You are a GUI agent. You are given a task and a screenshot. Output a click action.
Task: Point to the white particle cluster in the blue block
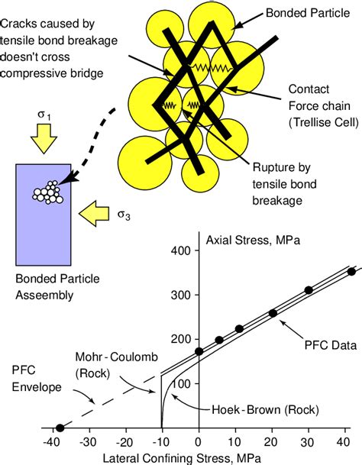coord(48,192)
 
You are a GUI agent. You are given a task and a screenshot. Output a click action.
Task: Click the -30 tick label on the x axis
coord(88,441)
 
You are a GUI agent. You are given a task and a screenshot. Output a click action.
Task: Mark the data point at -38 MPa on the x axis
coord(60,428)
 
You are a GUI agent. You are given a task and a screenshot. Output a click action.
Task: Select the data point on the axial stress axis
coord(199,352)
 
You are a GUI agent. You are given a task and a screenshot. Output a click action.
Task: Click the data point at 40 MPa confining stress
coord(351,271)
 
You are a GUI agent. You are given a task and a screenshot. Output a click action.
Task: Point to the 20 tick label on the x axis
coord(273,441)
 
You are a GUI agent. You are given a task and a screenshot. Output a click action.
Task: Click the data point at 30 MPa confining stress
coord(309,290)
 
